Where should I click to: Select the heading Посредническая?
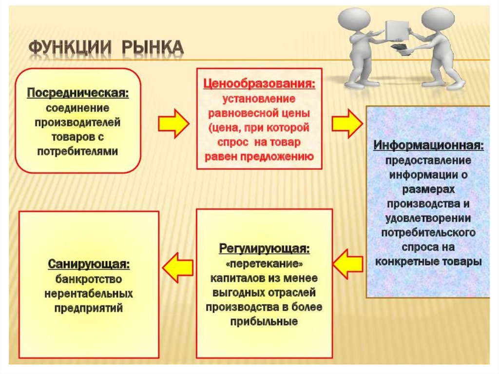point(78,93)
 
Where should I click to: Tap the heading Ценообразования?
point(259,84)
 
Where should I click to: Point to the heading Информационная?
point(429,145)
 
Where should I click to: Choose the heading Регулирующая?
point(264,249)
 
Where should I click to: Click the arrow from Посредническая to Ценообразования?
point(173,123)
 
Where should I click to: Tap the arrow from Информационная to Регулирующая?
point(350,263)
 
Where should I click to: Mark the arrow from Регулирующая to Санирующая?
point(177,267)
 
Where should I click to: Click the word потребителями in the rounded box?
point(78,151)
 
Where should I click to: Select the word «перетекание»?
point(264,264)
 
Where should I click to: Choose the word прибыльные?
point(264,322)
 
